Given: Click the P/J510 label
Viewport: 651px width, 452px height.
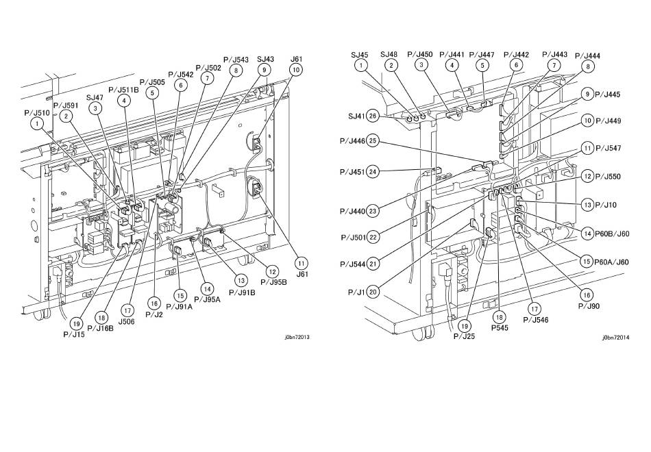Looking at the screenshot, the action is tap(36, 113).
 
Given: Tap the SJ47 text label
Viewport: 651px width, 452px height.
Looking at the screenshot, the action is tap(95, 97).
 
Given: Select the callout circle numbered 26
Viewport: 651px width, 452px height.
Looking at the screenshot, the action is tap(373, 116).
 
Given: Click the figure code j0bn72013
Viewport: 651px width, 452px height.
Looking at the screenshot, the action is tap(297, 337).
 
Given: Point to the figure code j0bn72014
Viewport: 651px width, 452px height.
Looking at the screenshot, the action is tap(616, 338).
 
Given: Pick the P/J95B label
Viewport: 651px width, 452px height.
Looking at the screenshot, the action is tap(273, 282).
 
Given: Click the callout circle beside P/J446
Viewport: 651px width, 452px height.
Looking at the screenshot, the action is tap(373, 141).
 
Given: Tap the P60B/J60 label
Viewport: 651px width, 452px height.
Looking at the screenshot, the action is tap(612, 234).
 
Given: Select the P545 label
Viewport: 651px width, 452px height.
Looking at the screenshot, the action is tap(500, 328).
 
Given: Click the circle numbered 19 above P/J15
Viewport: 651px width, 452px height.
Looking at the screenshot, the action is tap(76, 323).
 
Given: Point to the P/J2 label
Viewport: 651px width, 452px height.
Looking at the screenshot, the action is tap(154, 314).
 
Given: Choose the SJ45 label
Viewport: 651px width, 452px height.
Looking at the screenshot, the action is tap(360, 55).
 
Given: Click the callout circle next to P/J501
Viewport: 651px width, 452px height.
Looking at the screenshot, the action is tap(373, 238).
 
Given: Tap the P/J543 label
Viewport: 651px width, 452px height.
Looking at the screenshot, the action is tap(236, 60).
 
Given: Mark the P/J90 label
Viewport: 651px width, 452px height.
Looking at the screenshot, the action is tap(589, 306).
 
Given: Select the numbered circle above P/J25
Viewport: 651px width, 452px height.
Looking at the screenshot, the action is tap(465, 326).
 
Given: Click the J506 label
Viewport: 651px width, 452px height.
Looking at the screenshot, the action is tap(126, 321).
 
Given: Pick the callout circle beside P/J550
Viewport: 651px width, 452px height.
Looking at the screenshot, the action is tap(587, 177).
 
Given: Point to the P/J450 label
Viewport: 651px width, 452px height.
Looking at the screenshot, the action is tap(420, 54).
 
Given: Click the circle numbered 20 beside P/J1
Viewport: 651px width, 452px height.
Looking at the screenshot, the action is tap(373, 292).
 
